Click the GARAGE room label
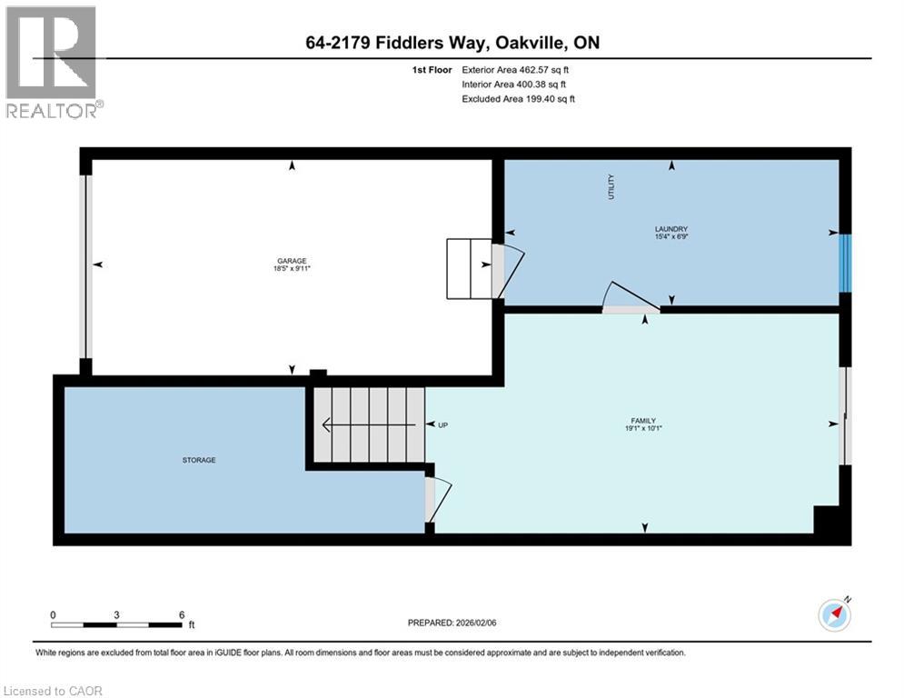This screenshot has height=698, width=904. [x=292, y=261]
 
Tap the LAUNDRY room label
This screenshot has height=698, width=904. [x=671, y=229]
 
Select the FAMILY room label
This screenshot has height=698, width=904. [x=643, y=421]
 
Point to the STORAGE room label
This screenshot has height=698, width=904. [x=199, y=460]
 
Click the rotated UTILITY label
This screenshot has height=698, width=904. [x=611, y=187]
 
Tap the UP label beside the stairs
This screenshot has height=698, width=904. [x=442, y=425]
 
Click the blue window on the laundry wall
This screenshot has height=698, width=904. [x=845, y=263]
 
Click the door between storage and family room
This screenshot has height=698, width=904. [x=438, y=500]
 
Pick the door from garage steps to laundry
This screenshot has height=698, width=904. [x=507, y=271]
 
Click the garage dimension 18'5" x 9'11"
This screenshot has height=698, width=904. [x=292, y=268]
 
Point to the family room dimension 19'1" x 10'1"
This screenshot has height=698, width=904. [x=643, y=429]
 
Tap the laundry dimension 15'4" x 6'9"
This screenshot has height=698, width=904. [x=671, y=236]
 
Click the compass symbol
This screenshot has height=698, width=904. [x=835, y=615]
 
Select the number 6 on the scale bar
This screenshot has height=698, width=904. [x=182, y=615]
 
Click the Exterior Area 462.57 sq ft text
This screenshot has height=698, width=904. [x=515, y=70]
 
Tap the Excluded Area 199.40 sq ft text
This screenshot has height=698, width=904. [x=518, y=99]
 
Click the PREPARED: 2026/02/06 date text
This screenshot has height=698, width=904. [x=452, y=623]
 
